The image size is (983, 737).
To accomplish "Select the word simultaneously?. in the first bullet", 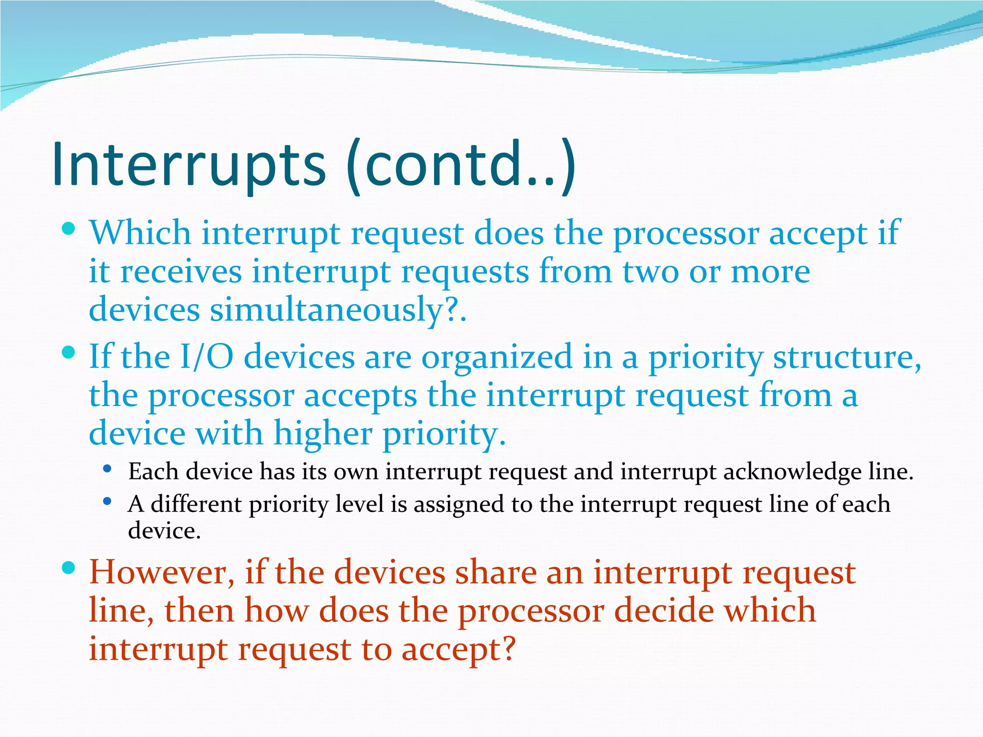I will [338, 309].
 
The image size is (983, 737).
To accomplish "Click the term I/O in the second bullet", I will [206, 357].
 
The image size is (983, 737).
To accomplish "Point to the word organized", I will [497, 357].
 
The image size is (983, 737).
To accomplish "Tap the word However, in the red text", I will [162, 573].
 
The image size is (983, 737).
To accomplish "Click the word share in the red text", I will [495, 573].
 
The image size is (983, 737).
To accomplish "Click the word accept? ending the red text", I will [458, 650].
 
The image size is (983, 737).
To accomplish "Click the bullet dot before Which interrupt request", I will [69, 228].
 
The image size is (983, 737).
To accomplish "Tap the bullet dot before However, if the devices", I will [69, 568].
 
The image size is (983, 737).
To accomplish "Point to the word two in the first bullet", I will [650, 272].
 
